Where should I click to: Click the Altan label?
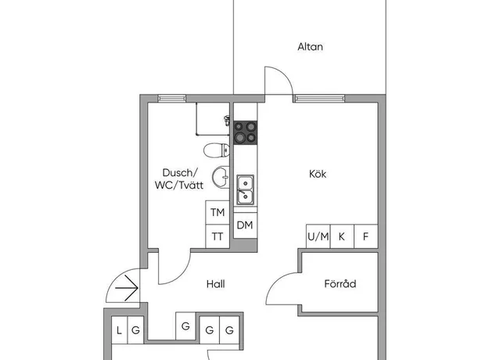310,47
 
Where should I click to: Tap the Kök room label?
318,174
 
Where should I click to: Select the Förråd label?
340,283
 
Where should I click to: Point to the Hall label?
215,284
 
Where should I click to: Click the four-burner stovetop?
246,132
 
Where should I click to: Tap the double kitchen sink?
246,189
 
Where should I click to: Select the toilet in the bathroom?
217,150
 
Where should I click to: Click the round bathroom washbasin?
221,178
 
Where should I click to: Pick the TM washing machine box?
218,212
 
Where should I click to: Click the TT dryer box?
218,236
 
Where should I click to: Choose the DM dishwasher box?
245,225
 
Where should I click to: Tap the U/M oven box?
318,236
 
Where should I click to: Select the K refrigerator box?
342,236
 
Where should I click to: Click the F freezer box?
366,236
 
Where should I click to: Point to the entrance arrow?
127,288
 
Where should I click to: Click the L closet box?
120,330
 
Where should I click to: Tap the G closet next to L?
135,330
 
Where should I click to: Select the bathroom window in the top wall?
172,99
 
